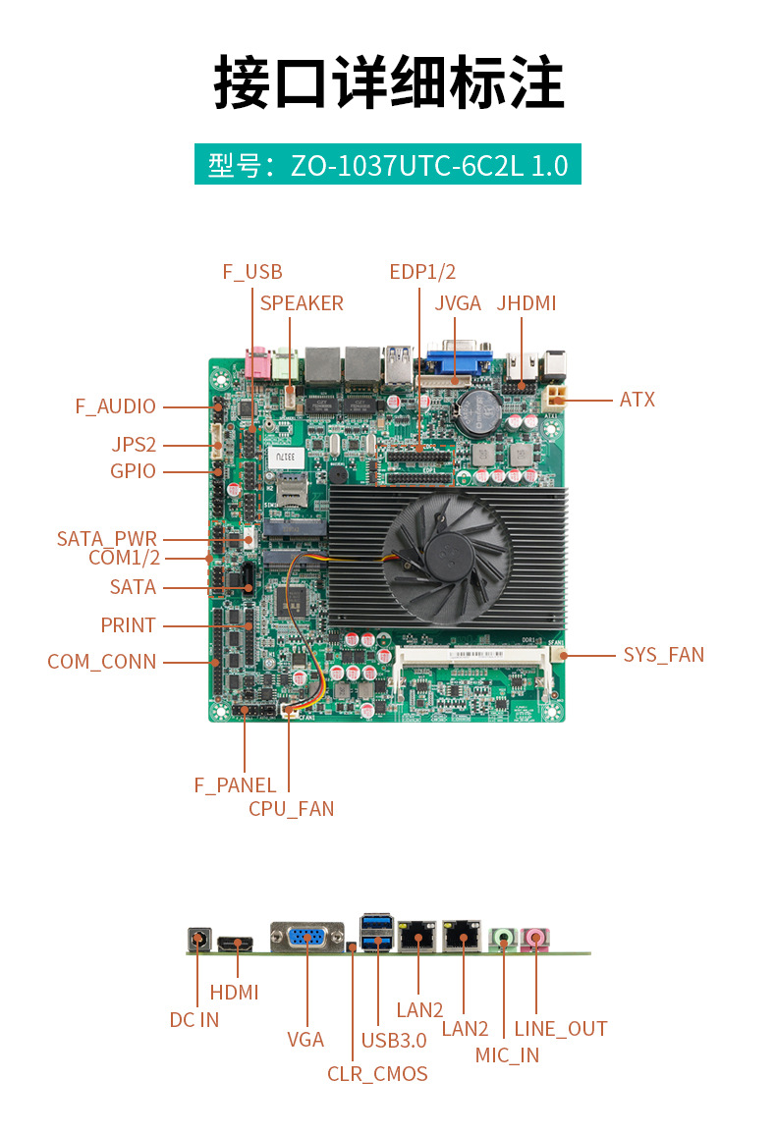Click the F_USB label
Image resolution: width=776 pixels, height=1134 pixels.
click(x=252, y=272)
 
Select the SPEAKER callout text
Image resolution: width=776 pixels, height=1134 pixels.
click(x=302, y=303)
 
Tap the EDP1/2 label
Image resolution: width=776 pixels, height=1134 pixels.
click(x=422, y=272)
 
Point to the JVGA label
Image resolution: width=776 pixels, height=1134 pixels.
click(x=458, y=303)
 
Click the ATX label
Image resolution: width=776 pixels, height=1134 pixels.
click(x=637, y=400)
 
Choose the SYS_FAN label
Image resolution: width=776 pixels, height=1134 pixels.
click(x=663, y=655)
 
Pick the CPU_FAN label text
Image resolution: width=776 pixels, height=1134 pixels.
click(x=291, y=809)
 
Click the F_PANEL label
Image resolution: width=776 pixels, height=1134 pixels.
click(x=235, y=784)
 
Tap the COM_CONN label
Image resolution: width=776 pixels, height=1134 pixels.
click(x=102, y=662)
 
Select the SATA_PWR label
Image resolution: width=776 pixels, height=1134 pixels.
click(x=107, y=539)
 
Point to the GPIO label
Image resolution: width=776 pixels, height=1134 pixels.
click(x=133, y=471)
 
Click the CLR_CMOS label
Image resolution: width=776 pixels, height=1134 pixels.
click(x=377, y=1074)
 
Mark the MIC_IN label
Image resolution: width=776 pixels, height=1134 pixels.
click(x=507, y=1055)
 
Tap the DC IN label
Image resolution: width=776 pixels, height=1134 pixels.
click(x=194, y=1020)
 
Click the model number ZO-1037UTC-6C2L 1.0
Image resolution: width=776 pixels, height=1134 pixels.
click(x=429, y=165)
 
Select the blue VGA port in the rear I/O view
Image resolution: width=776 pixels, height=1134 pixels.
click(x=306, y=938)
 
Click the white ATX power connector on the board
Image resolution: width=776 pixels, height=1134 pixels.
click(x=557, y=395)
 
